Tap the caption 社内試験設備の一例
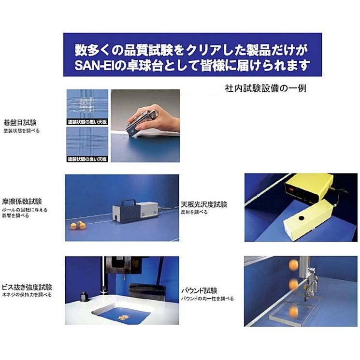coord(265,89)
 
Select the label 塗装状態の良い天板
coord(87,158)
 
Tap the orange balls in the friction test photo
coord(77,225)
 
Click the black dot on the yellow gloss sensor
coord(302,218)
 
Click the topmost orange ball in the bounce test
coord(293,264)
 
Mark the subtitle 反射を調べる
coord(194,212)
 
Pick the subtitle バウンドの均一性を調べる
coord(207,299)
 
